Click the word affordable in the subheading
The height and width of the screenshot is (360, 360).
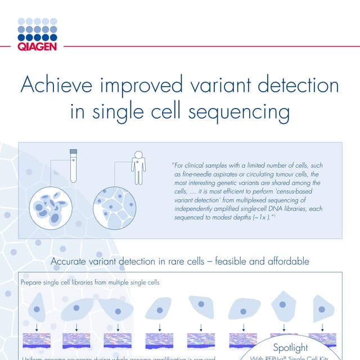[285, 262]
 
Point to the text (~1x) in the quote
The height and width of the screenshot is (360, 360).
[256, 216]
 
